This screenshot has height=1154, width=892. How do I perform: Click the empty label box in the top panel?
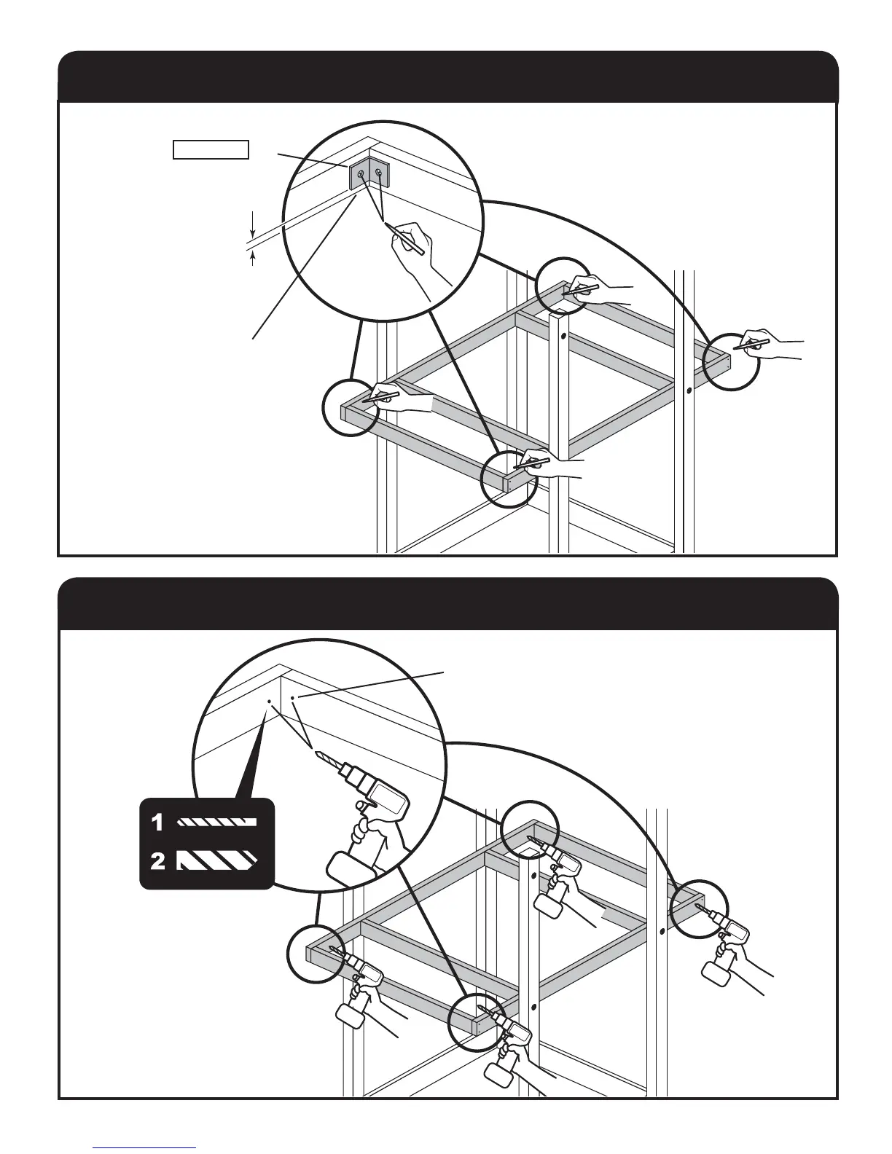(x=211, y=150)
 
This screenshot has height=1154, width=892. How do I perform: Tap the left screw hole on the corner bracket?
(x=361, y=173)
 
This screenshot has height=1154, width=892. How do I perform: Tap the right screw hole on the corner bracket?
(x=378, y=172)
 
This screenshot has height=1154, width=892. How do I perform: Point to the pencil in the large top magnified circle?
(x=404, y=238)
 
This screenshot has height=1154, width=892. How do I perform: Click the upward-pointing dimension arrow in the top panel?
(x=252, y=258)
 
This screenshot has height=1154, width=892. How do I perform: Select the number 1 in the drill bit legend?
(x=157, y=823)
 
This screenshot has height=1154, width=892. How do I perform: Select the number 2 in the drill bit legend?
(x=157, y=862)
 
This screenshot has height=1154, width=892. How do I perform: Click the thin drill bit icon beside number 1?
(x=218, y=823)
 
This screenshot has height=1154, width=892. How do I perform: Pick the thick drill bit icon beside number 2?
(x=218, y=861)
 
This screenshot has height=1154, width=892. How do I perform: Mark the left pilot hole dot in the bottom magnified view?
(x=269, y=702)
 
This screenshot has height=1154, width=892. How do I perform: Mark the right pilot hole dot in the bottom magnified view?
(x=293, y=697)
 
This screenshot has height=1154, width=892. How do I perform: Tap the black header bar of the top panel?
(x=447, y=76)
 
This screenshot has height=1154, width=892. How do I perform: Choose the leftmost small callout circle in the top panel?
(x=351, y=408)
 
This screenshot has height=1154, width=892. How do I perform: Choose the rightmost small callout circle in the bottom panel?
(x=697, y=911)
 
